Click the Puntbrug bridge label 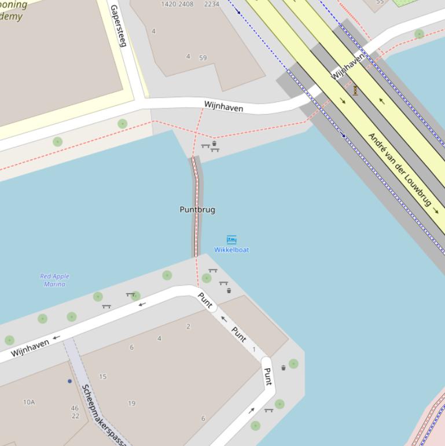197,210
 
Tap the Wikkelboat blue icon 231,240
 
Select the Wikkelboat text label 231,250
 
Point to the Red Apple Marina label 54,280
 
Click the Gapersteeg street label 117,26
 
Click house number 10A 29,402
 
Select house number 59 203,58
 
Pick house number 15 102,377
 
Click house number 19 131,404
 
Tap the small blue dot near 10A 70,381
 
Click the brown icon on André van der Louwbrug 355,90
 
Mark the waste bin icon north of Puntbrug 214,143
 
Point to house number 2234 212,4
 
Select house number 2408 186,4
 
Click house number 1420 168,4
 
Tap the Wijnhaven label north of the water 223,107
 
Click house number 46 75,408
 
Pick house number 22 75,416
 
